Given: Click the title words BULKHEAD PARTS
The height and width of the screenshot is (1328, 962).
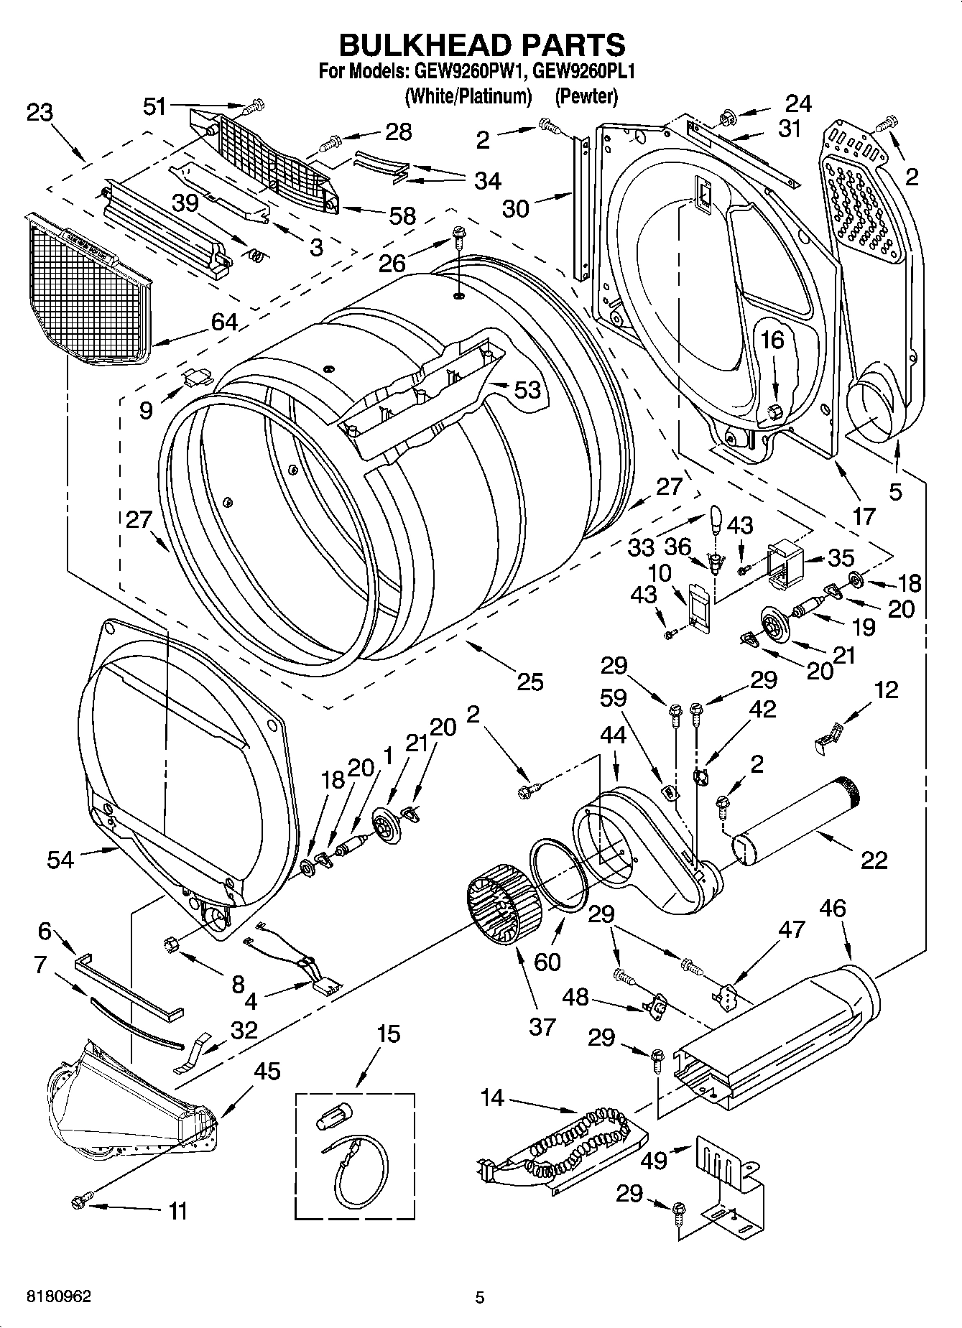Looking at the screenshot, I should pos(482,45).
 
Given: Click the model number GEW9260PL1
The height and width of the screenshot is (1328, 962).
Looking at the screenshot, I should pos(583,72).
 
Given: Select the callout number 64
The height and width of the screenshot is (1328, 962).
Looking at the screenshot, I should pos(224,322).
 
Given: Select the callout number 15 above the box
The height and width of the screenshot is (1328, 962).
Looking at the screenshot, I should pos(388,1035).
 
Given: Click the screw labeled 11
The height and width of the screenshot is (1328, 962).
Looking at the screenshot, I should pos(80,1200).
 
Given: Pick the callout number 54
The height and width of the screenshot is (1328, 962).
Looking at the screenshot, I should pos(60,859).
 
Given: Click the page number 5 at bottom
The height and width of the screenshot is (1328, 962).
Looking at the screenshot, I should pos(480,1297).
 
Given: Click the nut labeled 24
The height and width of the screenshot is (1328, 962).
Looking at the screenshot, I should pos(727,115).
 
